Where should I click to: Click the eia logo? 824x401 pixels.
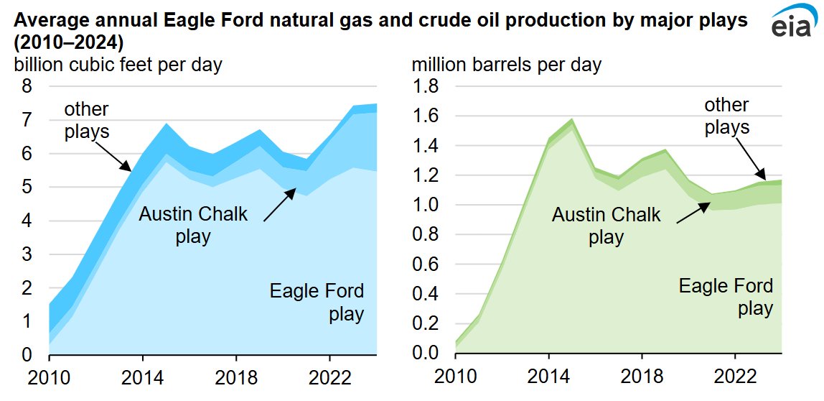click(x=790, y=23)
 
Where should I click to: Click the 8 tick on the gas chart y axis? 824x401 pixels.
click(x=28, y=86)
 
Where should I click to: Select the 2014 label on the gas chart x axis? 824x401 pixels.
click(x=142, y=377)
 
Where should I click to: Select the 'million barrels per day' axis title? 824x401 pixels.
click(x=506, y=65)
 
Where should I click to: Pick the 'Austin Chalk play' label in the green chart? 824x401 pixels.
click(x=607, y=225)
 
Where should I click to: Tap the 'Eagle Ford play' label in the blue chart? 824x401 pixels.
click(x=317, y=303)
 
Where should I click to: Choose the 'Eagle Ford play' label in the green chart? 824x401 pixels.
click(x=726, y=297)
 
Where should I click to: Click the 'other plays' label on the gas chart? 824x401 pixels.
click(x=86, y=120)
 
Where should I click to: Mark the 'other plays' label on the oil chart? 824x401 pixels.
click(x=726, y=116)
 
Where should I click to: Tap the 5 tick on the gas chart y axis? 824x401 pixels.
click(x=28, y=187)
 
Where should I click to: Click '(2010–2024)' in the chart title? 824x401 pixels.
click(x=66, y=40)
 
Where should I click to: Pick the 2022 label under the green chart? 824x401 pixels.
click(x=734, y=377)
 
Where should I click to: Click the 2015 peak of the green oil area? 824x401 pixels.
click(x=572, y=120)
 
